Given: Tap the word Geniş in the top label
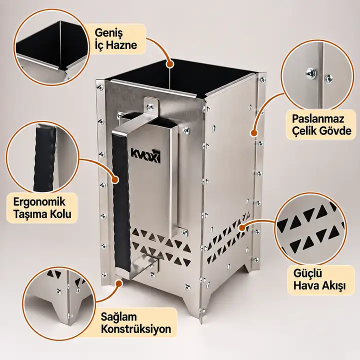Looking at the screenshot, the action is (x=109, y=33).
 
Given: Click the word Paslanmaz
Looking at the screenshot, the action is (x=318, y=119).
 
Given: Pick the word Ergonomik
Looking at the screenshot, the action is (x=39, y=202).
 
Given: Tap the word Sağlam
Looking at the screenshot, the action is (x=119, y=317).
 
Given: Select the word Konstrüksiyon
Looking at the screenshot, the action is (x=136, y=329).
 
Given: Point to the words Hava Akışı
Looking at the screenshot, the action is (x=319, y=286).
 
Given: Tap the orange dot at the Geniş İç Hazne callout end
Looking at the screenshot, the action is (x=169, y=64).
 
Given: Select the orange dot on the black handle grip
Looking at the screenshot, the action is (x=115, y=180).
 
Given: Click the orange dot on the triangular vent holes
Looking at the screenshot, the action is (x=242, y=227).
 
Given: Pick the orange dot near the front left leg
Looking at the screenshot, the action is (x=119, y=283).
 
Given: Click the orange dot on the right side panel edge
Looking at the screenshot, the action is (x=253, y=133).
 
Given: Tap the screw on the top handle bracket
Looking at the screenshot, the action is (x=150, y=106).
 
